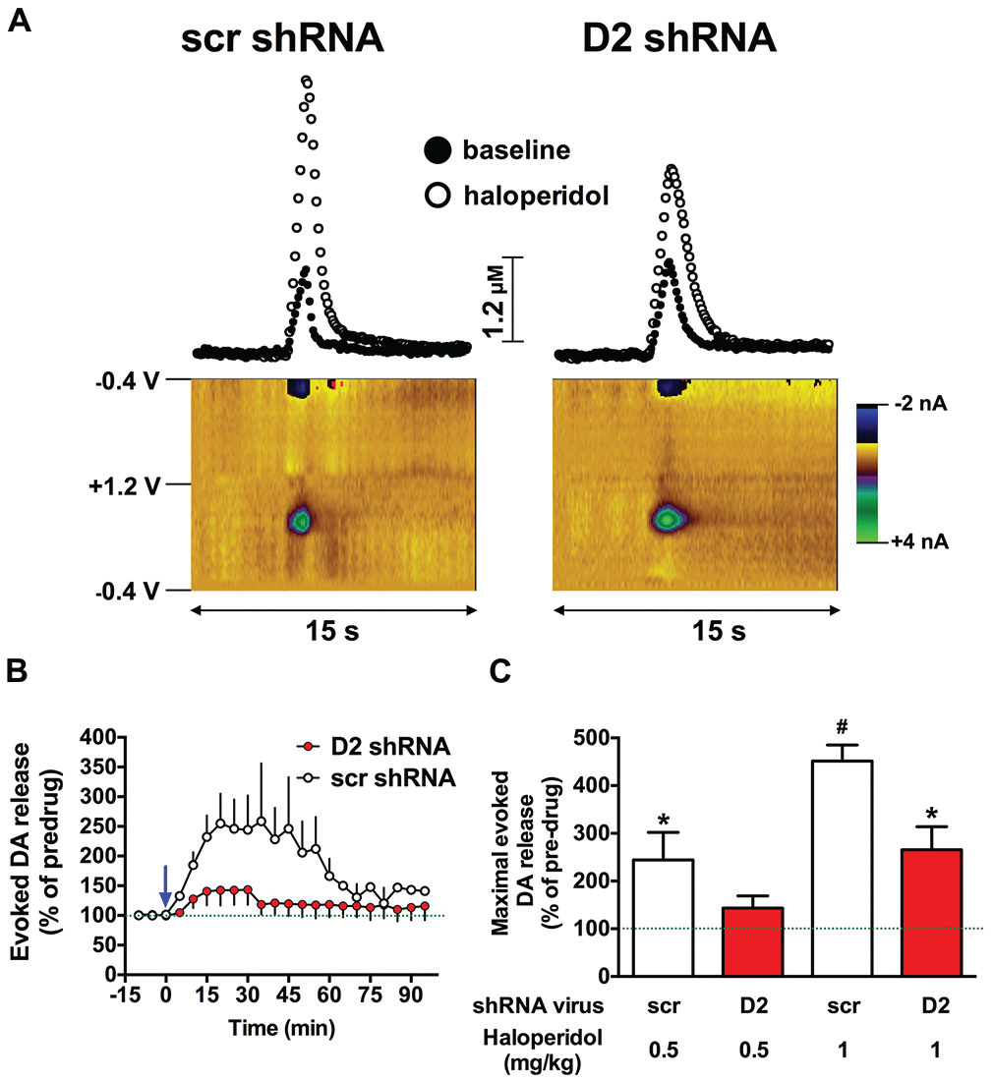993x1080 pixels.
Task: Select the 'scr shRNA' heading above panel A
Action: click(281, 38)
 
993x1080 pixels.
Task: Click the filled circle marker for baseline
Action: click(438, 150)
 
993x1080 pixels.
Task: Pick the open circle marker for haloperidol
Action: click(438, 196)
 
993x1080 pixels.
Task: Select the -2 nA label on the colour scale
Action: click(920, 405)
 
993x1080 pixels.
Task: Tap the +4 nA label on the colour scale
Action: click(920, 540)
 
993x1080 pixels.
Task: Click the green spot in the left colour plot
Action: click(301, 519)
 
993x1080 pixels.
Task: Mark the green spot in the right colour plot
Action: click(668, 517)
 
